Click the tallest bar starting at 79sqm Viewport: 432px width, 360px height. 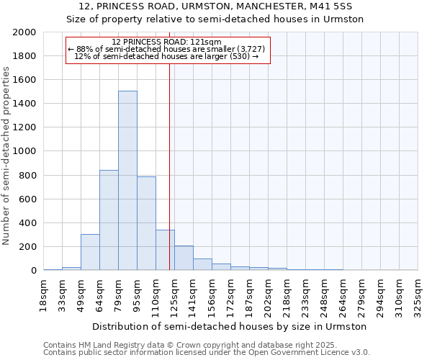pos(127,181)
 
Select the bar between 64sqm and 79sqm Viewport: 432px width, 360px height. pos(109,220)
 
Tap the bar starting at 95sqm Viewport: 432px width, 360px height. pos(146,223)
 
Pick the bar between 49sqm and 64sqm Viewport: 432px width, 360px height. pos(90,252)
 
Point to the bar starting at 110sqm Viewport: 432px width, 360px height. pos(165,250)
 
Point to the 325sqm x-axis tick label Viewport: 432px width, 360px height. pos(418,295)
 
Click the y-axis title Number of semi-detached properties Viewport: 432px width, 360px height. pos(6,156)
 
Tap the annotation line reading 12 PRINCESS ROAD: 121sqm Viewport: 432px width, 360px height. pos(167,42)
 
